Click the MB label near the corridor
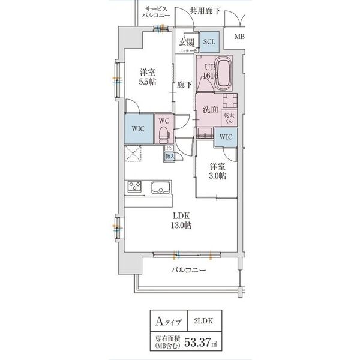pyautogui.click(x=239, y=37)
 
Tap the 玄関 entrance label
pyautogui.click(x=186, y=42)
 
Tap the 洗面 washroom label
pyautogui.click(x=209, y=110)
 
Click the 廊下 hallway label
pyautogui.click(x=184, y=85)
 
